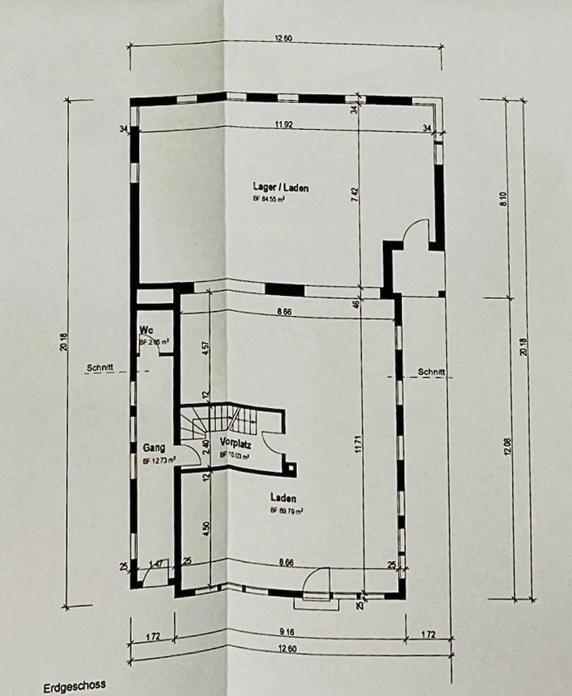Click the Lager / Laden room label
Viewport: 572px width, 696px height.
pyautogui.click(x=280, y=187)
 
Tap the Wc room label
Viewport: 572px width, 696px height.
pyautogui.click(x=147, y=330)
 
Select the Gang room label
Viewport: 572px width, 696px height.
pyautogui.click(x=154, y=448)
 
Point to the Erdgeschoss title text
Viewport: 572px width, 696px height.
pyautogui.click(x=75, y=686)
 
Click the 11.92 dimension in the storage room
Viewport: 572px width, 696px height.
pyautogui.click(x=284, y=124)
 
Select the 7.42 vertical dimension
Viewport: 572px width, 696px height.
pyautogui.click(x=355, y=195)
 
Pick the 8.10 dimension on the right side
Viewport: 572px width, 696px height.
pyautogui.click(x=504, y=199)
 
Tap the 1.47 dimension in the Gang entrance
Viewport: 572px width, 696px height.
pyautogui.click(x=156, y=564)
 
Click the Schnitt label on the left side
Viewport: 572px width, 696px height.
pyautogui.click(x=100, y=368)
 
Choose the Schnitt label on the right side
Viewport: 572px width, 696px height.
pyautogui.click(x=431, y=372)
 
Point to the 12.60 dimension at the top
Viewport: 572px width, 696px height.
pyautogui.click(x=284, y=38)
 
